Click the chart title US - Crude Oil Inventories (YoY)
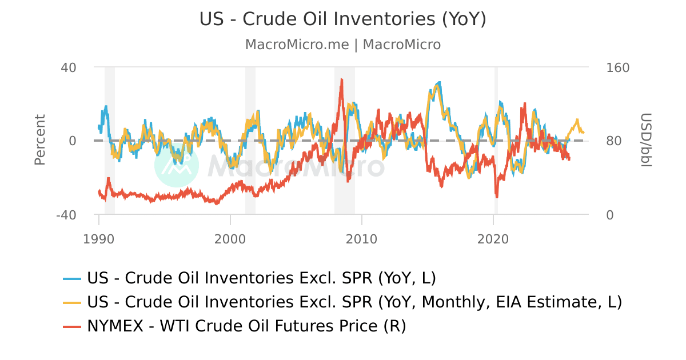(x=342, y=19)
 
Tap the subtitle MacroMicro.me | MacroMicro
(x=342, y=45)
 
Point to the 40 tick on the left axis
(x=69, y=67)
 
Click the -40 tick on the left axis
(x=66, y=215)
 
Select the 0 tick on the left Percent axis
(x=73, y=141)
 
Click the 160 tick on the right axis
(x=617, y=67)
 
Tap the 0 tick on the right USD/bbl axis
(x=610, y=215)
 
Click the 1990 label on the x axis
(x=99, y=238)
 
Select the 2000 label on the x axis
(x=230, y=238)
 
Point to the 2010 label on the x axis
(x=362, y=238)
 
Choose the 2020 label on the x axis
(x=493, y=238)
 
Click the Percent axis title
(x=39, y=140)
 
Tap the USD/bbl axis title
(x=646, y=141)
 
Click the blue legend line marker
(x=72, y=278)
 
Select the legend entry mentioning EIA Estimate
(x=354, y=302)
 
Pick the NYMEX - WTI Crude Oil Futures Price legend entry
(x=246, y=326)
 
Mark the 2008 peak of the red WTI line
(x=341, y=79)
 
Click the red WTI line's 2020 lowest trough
(x=496, y=197)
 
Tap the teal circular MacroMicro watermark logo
(x=177, y=165)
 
